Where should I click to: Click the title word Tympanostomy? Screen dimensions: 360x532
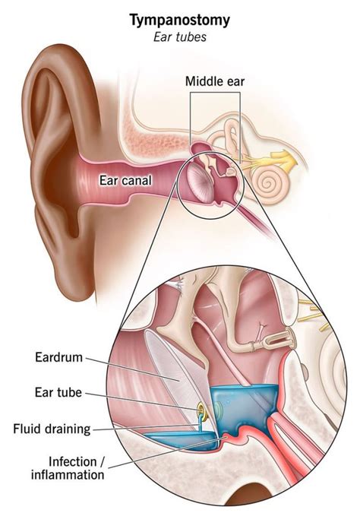[x=180, y=21]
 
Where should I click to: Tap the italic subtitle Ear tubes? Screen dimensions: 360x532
[x=180, y=37]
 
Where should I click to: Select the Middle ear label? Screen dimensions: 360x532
[x=215, y=81]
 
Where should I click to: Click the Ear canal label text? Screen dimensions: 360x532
[x=125, y=180]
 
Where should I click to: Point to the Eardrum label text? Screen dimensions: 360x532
[x=59, y=357]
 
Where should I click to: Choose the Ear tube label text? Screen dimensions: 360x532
[x=58, y=393]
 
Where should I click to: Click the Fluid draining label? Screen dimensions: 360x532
[x=52, y=429]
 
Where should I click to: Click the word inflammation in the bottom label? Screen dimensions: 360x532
[x=68, y=475]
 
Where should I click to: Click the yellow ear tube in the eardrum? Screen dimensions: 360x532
[x=201, y=410]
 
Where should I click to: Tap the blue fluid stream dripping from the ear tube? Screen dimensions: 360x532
[x=201, y=423]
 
